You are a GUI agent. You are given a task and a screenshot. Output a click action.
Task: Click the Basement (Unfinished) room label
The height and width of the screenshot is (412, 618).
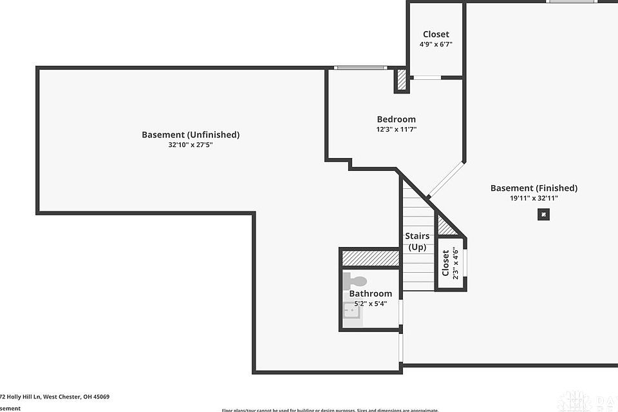pyautogui.click(x=191, y=135)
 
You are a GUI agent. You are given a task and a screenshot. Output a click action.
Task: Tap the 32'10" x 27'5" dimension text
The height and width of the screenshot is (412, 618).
pyautogui.click(x=191, y=146)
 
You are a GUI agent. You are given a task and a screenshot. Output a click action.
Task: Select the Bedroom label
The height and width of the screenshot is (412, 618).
pyautogui.click(x=396, y=119)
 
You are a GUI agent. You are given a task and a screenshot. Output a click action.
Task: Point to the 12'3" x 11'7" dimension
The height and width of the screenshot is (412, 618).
pyautogui.click(x=396, y=130)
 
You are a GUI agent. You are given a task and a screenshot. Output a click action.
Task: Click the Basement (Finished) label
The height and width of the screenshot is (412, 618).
pyautogui.click(x=534, y=188)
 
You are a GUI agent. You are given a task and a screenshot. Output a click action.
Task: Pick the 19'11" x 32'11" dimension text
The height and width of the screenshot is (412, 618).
pyautogui.click(x=534, y=199)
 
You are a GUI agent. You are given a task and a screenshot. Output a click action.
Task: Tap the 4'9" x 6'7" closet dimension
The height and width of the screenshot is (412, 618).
pyautogui.click(x=436, y=44)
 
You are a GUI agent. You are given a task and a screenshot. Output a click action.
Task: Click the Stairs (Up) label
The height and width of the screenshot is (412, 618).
pyautogui.click(x=417, y=241)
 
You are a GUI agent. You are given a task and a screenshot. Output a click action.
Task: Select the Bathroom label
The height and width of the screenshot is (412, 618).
pyautogui.click(x=370, y=293)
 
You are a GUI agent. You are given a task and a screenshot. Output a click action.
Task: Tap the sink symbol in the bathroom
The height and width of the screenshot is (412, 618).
pyautogui.click(x=351, y=313)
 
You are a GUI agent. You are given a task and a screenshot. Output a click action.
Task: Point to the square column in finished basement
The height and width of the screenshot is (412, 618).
pyautogui.click(x=544, y=215)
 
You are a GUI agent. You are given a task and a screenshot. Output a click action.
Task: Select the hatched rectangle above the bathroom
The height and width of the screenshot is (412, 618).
pyautogui.click(x=371, y=259)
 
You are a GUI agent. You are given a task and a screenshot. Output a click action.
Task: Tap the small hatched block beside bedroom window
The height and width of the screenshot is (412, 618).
pyautogui.click(x=401, y=81)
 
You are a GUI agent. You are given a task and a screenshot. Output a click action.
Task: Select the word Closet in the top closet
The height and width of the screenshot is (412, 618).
pyautogui.click(x=436, y=34)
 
